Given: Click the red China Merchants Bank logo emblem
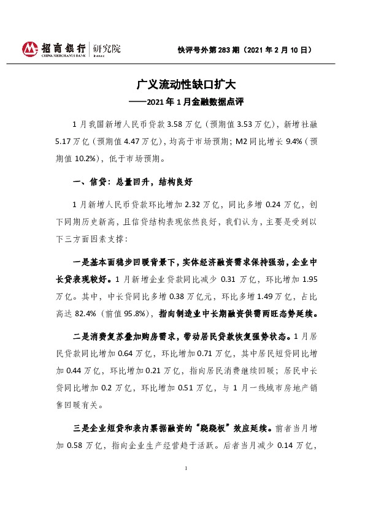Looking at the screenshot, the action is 29,48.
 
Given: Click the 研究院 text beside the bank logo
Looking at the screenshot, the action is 107,48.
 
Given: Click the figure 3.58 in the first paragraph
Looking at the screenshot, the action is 177,123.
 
